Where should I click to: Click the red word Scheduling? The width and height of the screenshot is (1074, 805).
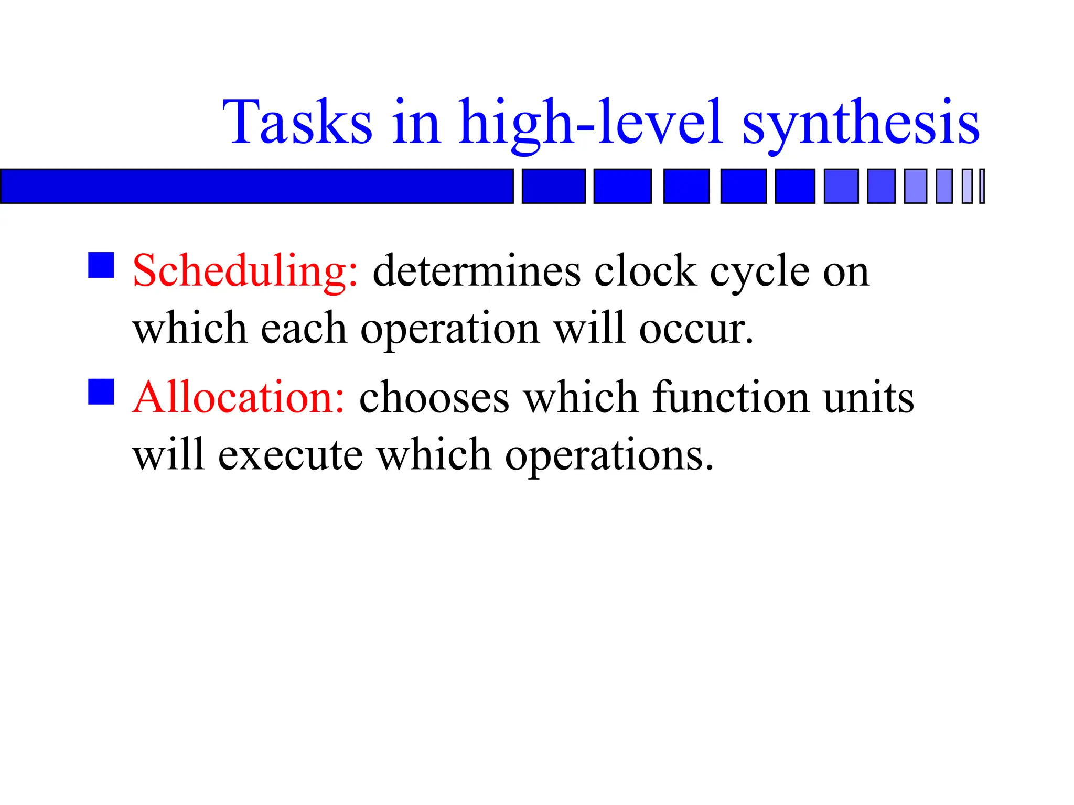pos(245,271)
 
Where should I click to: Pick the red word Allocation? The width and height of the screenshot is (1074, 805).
pos(239,397)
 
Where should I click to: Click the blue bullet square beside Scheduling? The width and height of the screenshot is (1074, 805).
pos(101,265)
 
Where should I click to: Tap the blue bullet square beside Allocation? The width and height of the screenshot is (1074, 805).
pos(101,392)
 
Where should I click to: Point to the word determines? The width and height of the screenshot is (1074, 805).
pos(476,271)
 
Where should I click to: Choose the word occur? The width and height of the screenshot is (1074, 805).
pos(696,329)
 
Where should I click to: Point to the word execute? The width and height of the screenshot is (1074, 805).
pos(290,455)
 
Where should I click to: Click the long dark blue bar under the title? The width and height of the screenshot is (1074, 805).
pos(256,186)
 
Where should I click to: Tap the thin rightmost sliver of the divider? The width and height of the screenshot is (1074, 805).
pos(982,186)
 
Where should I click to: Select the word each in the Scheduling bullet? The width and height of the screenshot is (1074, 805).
pos(304,329)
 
